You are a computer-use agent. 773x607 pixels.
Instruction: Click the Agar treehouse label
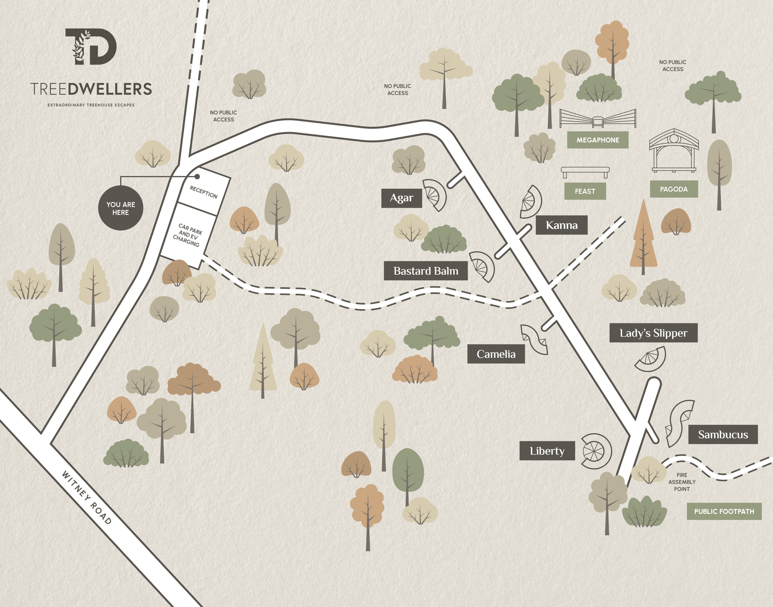pyautogui.click(x=401, y=198)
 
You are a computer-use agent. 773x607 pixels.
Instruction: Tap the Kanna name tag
pyautogui.click(x=562, y=225)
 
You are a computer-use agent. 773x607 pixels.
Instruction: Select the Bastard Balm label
pyautogui.click(x=425, y=271)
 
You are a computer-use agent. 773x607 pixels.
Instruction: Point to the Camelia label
pyautogui.click(x=496, y=354)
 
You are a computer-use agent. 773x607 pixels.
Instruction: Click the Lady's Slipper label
pyautogui.click(x=653, y=333)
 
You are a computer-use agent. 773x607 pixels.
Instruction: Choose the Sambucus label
pyautogui.click(x=722, y=434)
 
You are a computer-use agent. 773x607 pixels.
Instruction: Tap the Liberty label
pyautogui.click(x=547, y=451)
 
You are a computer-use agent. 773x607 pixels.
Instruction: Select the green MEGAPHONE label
pyautogui.click(x=597, y=140)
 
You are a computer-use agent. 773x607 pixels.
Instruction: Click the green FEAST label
pyautogui.click(x=585, y=191)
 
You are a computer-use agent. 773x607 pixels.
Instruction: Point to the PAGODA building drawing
pyautogui.click(x=674, y=151)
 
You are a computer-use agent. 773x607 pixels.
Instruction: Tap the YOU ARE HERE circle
pyautogui.click(x=120, y=208)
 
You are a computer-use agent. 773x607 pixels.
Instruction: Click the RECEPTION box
pyautogui.click(x=204, y=192)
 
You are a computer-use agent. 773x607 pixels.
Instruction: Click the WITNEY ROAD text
pyautogui.click(x=86, y=497)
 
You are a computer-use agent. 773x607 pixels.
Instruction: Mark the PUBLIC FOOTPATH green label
pyautogui.click(x=724, y=511)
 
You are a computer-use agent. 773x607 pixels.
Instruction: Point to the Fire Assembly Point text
pyautogui.click(x=681, y=482)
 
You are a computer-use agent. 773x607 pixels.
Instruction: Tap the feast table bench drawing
pyautogui.click(x=585, y=172)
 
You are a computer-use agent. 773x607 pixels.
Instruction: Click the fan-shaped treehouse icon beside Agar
pyautogui.click(x=434, y=195)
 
